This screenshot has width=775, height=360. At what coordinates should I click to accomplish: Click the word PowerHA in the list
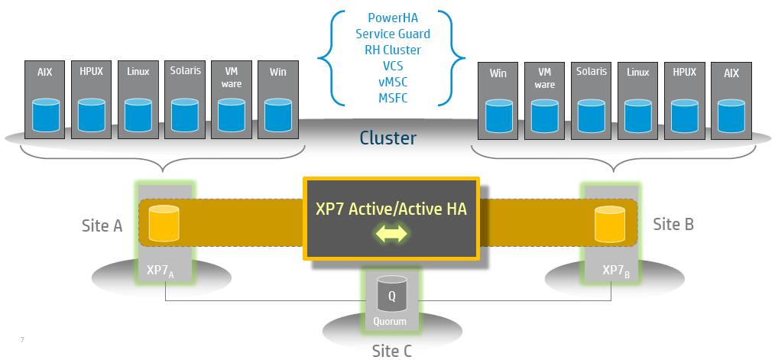(x=392, y=18)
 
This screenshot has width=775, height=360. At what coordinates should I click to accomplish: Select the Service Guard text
(x=392, y=34)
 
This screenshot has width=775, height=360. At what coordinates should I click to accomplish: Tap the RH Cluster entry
(x=392, y=50)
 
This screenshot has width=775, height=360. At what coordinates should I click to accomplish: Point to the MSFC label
(x=392, y=98)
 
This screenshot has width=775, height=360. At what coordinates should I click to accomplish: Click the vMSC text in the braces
(x=392, y=82)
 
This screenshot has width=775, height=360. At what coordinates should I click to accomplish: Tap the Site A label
(x=102, y=225)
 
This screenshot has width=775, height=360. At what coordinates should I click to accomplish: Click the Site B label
(x=673, y=224)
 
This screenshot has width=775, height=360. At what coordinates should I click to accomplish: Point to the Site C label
(x=391, y=351)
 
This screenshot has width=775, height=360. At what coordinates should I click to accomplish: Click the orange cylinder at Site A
(x=164, y=222)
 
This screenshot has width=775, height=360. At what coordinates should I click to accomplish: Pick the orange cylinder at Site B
(x=611, y=222)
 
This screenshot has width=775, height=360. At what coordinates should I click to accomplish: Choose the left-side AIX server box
(x=45, y=99)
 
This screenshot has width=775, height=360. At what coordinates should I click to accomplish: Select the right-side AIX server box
(x=731, y=99)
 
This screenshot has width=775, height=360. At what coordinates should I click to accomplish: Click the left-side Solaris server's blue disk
(x=185, y=115)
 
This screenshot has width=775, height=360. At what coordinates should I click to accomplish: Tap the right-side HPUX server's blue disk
(x=685, y=115)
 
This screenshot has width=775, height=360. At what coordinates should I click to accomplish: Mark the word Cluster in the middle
(x=388, y=138)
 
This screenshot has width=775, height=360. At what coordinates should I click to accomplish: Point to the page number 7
(x=21, y=339)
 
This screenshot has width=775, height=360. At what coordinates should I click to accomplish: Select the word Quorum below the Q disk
(x=390, y=322)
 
